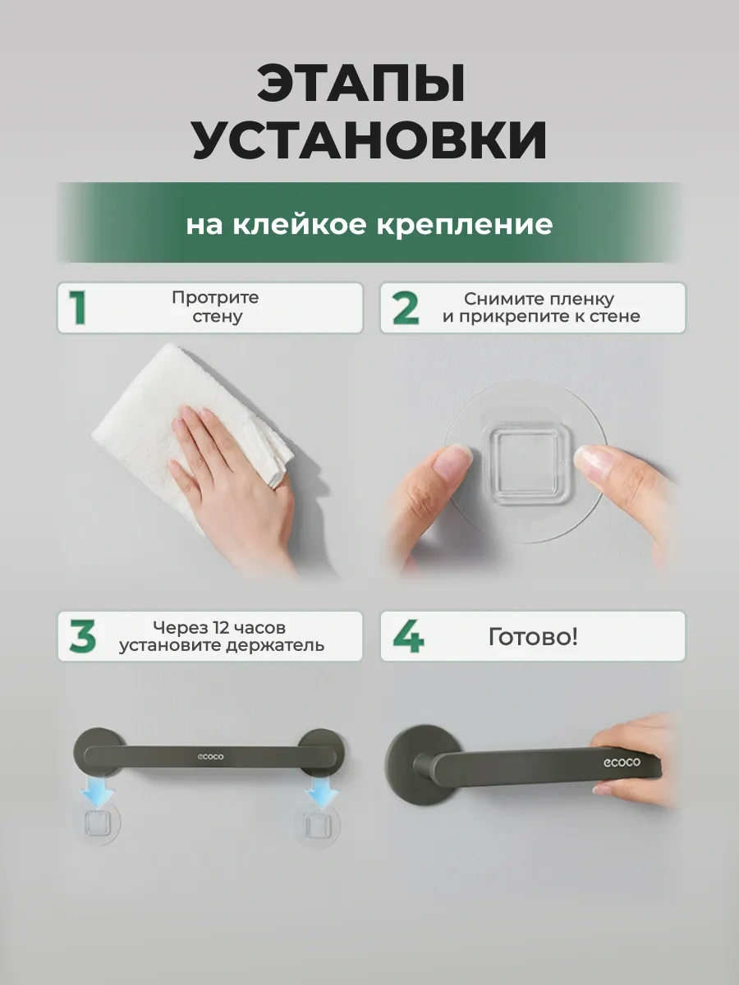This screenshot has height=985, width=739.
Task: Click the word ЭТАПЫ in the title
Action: tap(361, 84)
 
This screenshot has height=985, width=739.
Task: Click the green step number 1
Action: tap(78, 307)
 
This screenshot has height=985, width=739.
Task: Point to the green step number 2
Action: tap(406, 308)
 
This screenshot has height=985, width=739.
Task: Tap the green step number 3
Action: tap(83, 636)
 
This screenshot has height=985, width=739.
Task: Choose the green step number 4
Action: tap(408, 636)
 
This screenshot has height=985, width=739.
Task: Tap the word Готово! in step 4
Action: tap(533, 637)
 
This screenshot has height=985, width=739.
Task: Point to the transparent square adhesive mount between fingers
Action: tap(524, 465)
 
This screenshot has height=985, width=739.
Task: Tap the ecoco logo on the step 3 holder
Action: tap(210, 757)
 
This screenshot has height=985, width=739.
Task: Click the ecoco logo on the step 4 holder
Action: tap(622, 762)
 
